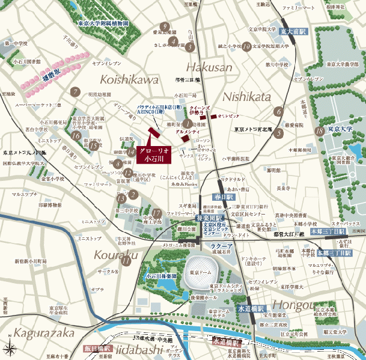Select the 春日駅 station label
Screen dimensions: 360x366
(222, 197)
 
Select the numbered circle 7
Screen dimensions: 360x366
(75, 92)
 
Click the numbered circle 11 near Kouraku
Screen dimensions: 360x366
(126, 260)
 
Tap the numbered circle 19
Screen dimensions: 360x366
(246, 46)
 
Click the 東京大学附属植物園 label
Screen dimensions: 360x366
(103, 25)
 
